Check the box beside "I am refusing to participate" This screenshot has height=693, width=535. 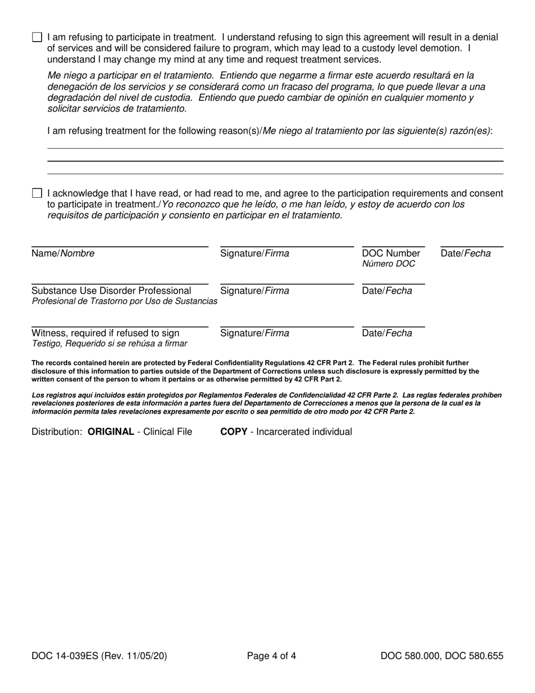(x=37, y=38)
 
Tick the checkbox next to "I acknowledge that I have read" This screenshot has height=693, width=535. (x=37, y=194)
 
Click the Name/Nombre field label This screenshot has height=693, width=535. (x=63, y=254)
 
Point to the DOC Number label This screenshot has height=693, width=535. (x=391, y=254)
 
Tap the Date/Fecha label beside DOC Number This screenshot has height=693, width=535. (x=466, y=254)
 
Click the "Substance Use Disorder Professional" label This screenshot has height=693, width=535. (x=112, y=291)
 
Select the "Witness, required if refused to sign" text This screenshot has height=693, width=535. (x=105, y=333)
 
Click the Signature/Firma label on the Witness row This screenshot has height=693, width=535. (x=255, y=333)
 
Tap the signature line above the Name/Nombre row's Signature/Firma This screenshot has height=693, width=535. (x=287, y=246)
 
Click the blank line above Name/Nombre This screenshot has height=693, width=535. (x=119, y=246)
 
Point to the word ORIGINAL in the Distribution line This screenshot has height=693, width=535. (x=111, y=432)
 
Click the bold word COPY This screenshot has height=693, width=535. (x=233, y=432)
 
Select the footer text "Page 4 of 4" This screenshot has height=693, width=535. (x=271, y=656)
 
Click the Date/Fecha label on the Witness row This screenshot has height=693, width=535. (x=387, y=333)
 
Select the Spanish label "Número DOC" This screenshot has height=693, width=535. (x=389, y=264)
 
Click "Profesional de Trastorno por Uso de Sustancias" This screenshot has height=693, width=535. (x=124, y=301)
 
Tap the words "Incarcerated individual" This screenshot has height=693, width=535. (x=304, y=432)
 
